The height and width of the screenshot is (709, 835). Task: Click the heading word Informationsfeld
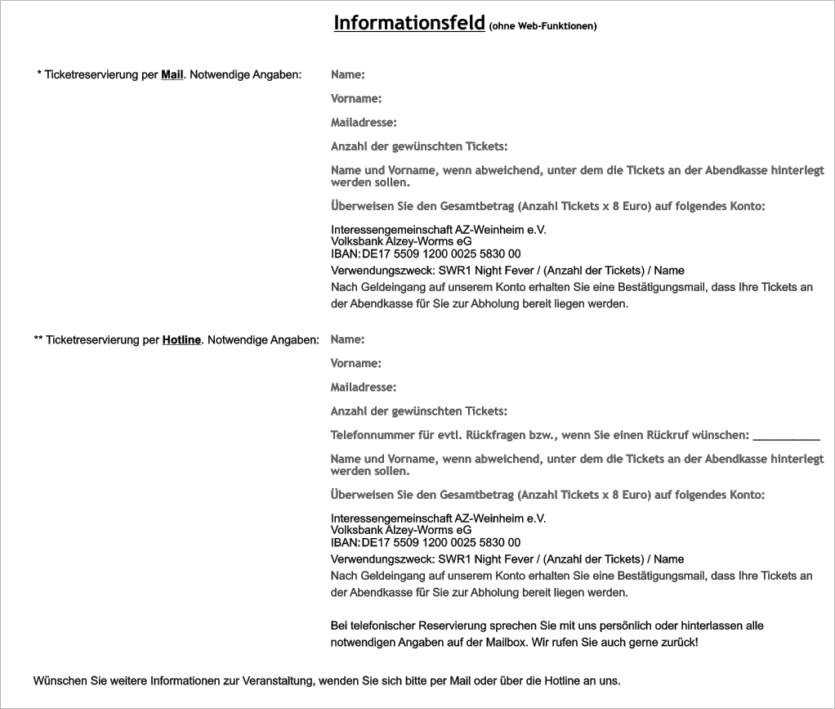pos(409,23)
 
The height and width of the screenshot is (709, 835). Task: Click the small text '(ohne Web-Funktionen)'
pos(543,26)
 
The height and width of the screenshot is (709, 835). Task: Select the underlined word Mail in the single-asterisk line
pos(172,75)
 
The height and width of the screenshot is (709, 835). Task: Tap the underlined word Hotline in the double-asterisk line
pos(181,339)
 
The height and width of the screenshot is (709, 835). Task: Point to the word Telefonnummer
pos(371,435)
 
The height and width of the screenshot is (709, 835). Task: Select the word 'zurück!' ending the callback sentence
pos(680,643)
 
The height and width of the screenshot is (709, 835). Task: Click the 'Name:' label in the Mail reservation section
pos(347,75)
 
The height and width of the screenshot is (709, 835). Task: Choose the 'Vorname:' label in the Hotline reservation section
pos(356,363)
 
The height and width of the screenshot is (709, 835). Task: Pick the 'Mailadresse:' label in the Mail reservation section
pos(364,123)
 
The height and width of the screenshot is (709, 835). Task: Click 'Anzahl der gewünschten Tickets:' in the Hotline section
pos(419,411)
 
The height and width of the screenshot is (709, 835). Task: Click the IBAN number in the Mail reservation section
pos(441,254)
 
